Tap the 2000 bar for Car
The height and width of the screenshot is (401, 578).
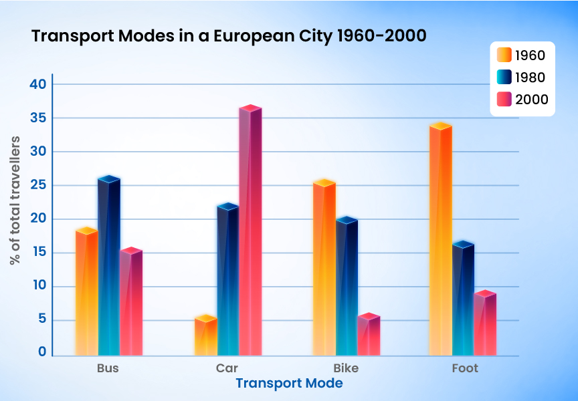[x=250, y=231]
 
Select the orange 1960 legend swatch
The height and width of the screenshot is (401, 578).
[x=503, y=55]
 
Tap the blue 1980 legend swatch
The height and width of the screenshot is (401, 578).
[x=503, y=77]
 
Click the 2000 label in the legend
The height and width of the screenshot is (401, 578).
[x=531, y=100]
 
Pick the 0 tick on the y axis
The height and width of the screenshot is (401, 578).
[x=41, y=353]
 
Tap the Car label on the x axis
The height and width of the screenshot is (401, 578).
[x=227, y=368]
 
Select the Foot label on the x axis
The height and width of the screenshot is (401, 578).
[x=465, y=368]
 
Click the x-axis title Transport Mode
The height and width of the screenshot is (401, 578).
[x=289, y=384]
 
